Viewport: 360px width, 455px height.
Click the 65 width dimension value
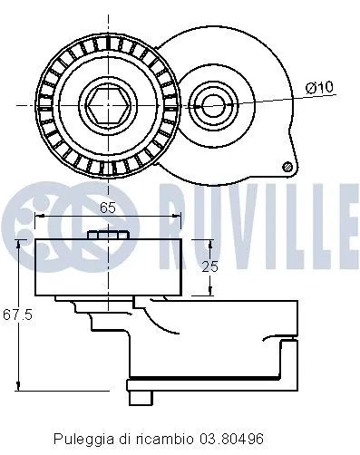click(x=107, y=208)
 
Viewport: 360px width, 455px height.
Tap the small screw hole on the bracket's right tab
click(x=287, y=166)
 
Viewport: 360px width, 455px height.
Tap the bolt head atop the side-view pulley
click(x=108, y=236)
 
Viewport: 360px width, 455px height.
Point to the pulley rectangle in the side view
click(x=108, y=267)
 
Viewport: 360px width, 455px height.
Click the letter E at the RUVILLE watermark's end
click(x=349, y=205)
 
